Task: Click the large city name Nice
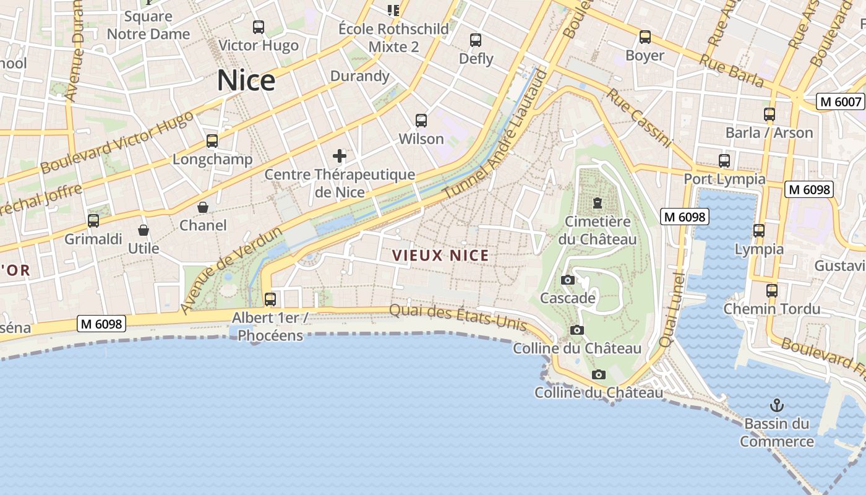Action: click(x=246, y=80)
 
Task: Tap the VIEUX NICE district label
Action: click(x=440, y=256)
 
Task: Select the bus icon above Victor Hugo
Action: click(x=259, y=27)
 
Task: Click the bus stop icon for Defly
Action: click(x=476, y=40)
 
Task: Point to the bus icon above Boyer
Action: click(x=645, y=37)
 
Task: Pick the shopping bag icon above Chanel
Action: click(x=203, y=207)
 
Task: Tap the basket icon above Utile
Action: click(x=144, y=231)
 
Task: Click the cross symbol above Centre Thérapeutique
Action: click(x=340, y=155)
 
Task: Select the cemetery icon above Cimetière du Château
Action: click(x=598, y=203)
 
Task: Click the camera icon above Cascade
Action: click(x=567, y=280)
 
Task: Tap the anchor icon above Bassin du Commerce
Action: click(x=776, y=406)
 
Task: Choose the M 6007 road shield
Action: click(x=839, y=101)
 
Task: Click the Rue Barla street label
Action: click(x=732, y=71)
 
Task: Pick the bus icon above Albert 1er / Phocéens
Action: click(x=270, y=299)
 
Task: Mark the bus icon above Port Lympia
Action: click(x=724, y=161)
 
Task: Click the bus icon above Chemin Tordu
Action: click(x=772, y=290)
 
